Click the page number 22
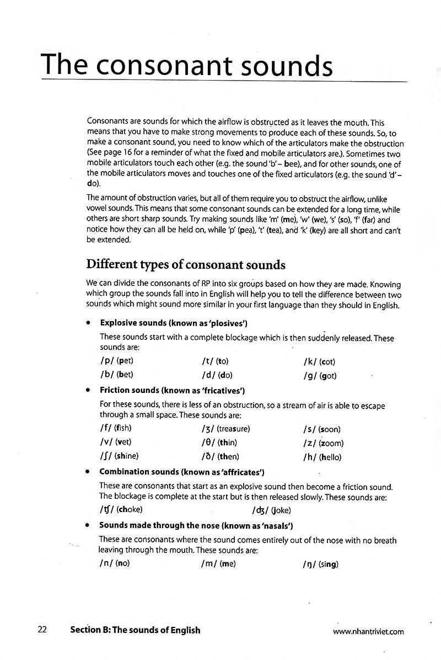coord(42,630)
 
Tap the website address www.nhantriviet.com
coord(368,632)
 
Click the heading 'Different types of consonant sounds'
coord(185,264)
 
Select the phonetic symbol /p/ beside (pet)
coord(107,361)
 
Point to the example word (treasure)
coord(234,428)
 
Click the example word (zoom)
coord(331,443)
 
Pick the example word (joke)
coord(281,510)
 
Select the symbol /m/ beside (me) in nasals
coord(209,564)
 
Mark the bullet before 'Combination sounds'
coord(88,472)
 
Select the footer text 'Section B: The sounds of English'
coord(135,630)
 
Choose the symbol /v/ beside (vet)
coord(107,442)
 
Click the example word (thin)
coord(228,443)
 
